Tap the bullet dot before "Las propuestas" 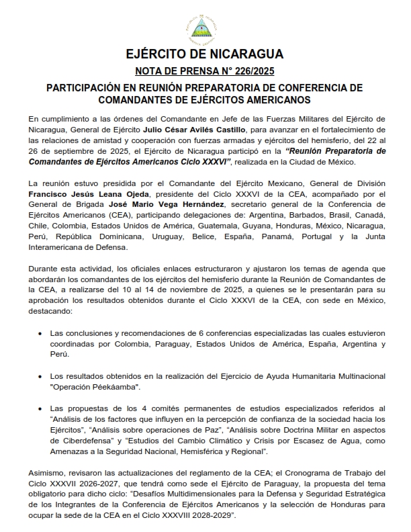coord(42,408)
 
